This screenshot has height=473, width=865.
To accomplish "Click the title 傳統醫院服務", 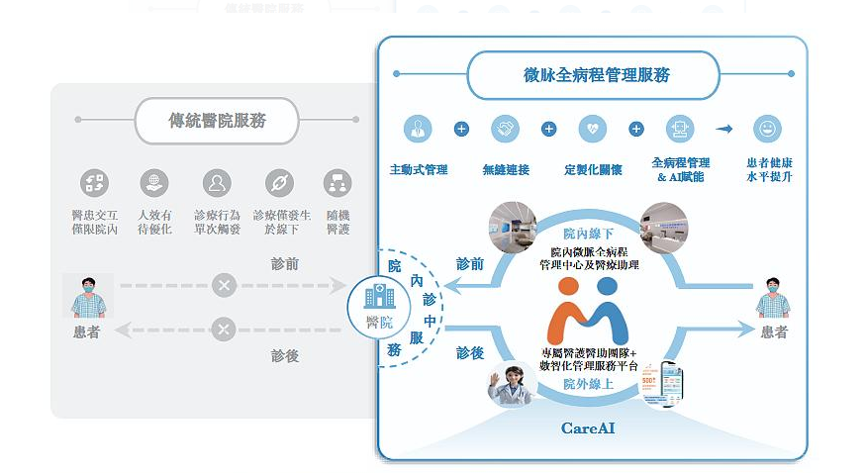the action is pos(217,121).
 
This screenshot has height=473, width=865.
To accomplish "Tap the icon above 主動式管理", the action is pos(418,129).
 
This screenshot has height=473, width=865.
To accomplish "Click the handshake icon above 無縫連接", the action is pos(505,129).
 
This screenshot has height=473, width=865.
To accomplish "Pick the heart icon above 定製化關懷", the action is pos(593,129).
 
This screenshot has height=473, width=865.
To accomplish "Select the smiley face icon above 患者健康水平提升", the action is pos(766,129).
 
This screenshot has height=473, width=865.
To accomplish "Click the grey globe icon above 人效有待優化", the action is pos(153,182).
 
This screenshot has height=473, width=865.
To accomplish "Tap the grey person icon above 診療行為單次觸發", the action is pos(216,182).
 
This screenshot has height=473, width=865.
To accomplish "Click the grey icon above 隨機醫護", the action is pos(337,182).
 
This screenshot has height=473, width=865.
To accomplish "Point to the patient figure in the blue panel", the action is pos(773,295).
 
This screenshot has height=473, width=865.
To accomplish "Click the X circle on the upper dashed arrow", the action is pos(224,286).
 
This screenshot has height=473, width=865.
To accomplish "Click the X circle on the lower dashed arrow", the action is pos(224,330).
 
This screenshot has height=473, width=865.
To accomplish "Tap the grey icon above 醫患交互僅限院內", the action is pos(94,182).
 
